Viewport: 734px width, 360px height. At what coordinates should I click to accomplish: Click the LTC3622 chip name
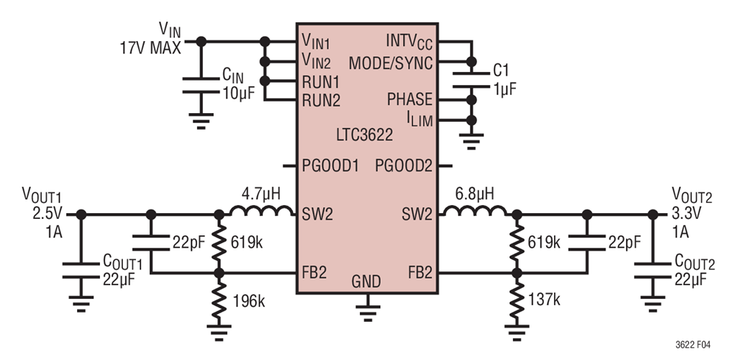(366, 135)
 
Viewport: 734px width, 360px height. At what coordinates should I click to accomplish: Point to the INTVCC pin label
(409, 42)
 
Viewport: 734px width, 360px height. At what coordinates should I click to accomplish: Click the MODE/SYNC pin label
(391, 63)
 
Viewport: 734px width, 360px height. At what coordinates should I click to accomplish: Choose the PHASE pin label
(409, 99)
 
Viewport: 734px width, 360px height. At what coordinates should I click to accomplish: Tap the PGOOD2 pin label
(403, 166)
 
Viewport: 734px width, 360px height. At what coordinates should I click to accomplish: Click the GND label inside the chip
(367, 281)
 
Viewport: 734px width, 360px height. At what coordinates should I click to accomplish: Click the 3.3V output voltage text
(687, 214)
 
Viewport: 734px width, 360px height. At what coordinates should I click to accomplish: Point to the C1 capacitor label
(502, 70)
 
